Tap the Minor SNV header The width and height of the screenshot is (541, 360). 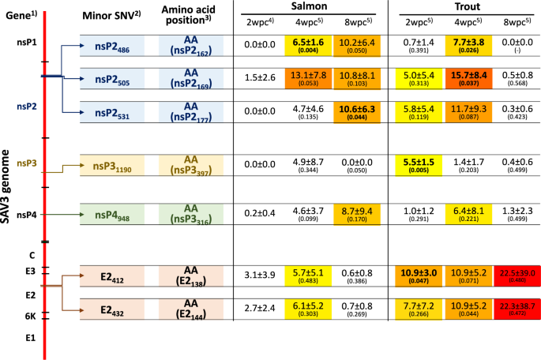point(111,17)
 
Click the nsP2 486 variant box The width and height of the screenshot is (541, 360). point(111,46)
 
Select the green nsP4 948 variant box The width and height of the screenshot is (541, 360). point(111,215)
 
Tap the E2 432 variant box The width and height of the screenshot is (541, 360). point(111,311)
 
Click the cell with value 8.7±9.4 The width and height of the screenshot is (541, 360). point(359,215)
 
